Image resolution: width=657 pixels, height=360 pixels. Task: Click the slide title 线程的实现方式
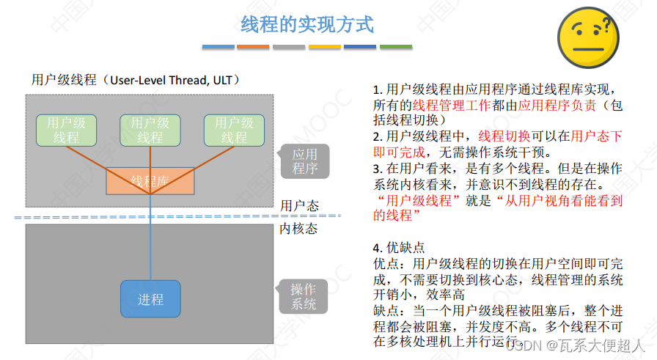[307, 25]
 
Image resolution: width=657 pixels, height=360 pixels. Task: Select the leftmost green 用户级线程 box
[67, 130]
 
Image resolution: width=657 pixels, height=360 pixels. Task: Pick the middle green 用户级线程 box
[150, 130]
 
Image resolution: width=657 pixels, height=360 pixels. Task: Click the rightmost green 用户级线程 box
[233, 130]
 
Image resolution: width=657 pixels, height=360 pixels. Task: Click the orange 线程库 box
[150, 180]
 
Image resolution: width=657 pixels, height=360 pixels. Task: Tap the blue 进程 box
[150, 299]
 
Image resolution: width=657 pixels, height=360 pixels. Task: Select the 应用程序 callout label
[305, 161]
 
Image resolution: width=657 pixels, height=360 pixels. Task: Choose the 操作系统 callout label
[304, 297]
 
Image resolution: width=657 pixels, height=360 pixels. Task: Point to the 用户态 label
[299, 205]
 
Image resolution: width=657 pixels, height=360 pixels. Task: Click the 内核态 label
[299, 229]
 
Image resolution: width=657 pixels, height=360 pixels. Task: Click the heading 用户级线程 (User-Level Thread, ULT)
[136, 80]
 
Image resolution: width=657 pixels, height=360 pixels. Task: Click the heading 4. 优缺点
[399, 247]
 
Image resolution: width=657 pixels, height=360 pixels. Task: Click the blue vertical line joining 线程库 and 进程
[150, 235]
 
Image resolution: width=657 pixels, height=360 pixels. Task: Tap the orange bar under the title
[254, 46]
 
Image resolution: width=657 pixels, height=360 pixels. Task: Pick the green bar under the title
[395, 46]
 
